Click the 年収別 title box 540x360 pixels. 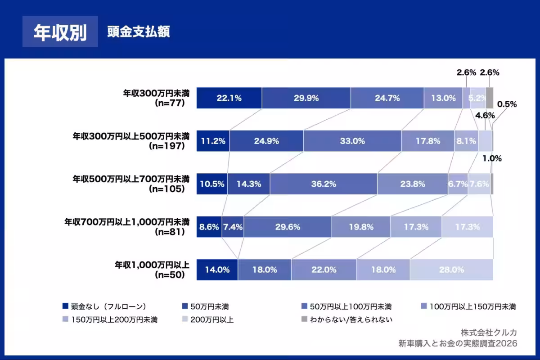tap(60, 32)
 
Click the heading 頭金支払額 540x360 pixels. tap(139, 32)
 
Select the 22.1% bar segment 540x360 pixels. tap(229, 98)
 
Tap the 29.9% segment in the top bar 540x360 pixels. tap(306, 98)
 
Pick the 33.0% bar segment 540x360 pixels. tap(352, 141)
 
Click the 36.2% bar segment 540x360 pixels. tap(324, 184)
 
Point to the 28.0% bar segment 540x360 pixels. tap(451, 270)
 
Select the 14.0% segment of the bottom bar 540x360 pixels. tap(217, 270)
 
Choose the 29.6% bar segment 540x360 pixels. tap(288, 227)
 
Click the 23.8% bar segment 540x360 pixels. tap(413, 184)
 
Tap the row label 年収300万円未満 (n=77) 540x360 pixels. tap(157, 98)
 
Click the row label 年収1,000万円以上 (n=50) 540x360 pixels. tap(152, 269)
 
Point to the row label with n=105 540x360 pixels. tap(131, 184)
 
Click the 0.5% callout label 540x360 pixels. tap(507, 104)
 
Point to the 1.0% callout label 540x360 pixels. tap(492, 158)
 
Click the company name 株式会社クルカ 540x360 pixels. tap(489, 332)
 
